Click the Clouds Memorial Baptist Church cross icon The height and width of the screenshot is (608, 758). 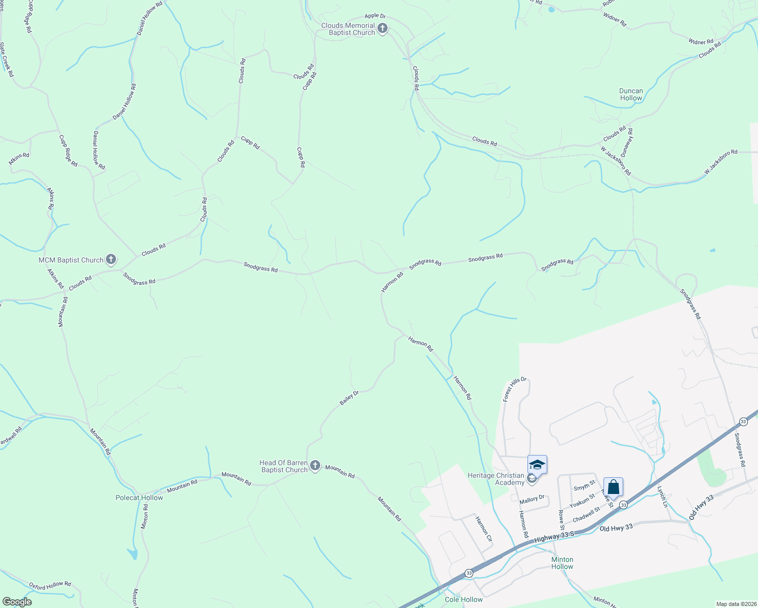[383, 28]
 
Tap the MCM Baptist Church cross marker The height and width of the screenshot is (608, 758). [111, 260]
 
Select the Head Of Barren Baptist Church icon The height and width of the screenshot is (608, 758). [315, 466]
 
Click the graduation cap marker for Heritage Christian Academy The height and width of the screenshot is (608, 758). [537, 465]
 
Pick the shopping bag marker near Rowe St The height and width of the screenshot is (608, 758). [613, 487]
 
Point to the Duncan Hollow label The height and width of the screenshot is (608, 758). [631, 94]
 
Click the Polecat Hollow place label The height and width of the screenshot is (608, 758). [139, 498]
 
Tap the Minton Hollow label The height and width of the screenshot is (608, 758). [562, 563]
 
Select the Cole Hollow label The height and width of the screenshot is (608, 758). [464, 599]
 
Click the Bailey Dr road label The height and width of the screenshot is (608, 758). [349, 397]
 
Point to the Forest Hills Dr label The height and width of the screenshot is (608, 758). [515, 389]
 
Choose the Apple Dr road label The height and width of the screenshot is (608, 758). [375, 16]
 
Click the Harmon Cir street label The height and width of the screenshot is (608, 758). [483, 528]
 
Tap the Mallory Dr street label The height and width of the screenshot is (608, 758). [532, 500]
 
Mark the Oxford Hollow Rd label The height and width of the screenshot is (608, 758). [50, 586]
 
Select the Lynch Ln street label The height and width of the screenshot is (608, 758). [663, 497]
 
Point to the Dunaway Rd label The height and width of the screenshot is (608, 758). [627, 141]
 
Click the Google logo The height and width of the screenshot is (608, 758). [17, 602]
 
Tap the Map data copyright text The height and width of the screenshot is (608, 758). [736, 604]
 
